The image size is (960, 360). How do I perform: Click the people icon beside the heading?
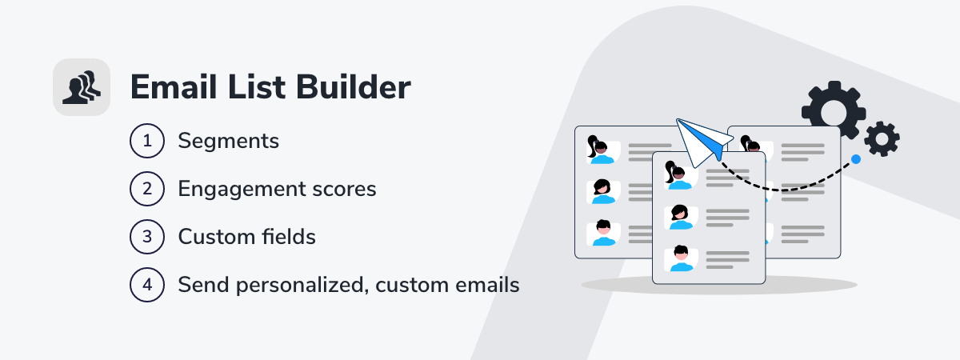[x=82, y=87]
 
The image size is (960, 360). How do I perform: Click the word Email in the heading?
[x=174, y=87]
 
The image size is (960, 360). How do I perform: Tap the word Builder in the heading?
[x=353, y=87]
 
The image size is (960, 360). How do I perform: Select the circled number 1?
[x=147, y=141]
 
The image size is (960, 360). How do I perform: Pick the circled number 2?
[x=147, y=189]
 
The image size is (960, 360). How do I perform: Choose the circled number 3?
[x=147, y=237]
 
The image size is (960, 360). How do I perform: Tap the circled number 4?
[x=147, y=285]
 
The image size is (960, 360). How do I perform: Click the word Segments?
[x=229, y=142]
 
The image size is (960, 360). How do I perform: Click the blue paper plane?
[x=703, y=142]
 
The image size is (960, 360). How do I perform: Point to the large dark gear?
[x=834, y=110]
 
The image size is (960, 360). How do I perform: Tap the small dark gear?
[x=882, y=139]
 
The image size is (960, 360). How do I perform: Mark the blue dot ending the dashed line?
[x=856, y=159]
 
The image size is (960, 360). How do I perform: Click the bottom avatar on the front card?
[x=681, y=258]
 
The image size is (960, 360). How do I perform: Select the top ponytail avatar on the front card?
[x=680, y=176]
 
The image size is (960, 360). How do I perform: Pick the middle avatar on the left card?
[x=603, y=191]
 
